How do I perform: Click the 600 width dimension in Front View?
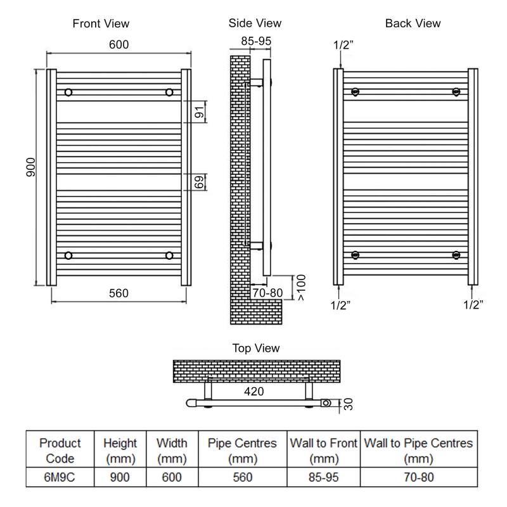[x=119, y=46]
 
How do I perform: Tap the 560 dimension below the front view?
[x=119, y=293]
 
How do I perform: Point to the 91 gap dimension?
[x=198, y=112]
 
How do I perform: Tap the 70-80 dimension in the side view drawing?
[x=267, y=293]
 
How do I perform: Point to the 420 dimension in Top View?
[x=253, y=391]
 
